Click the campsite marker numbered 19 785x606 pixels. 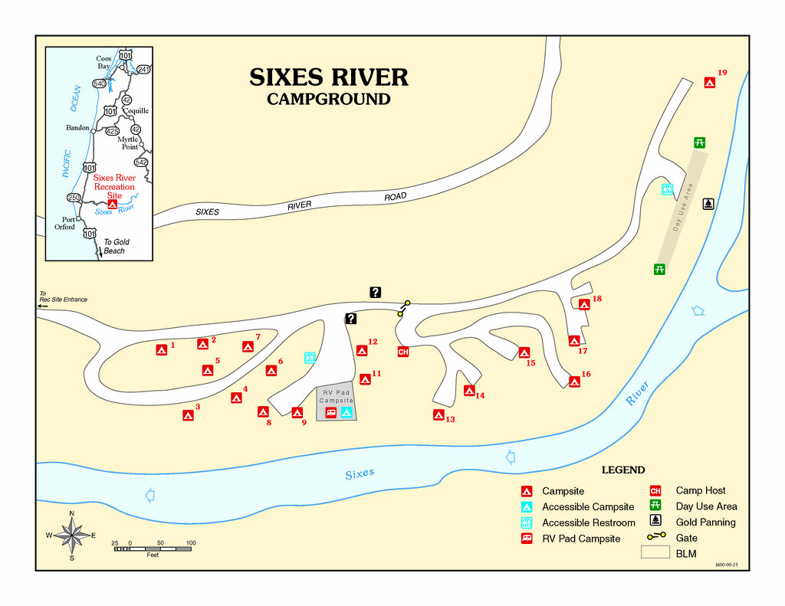(x=710, y=83)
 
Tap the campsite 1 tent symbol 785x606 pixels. (x=162, y=350)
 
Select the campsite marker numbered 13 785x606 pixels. (x=438, y=415)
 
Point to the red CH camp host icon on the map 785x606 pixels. (x=403, y=352)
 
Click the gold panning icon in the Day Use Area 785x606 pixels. (x=709, y=204)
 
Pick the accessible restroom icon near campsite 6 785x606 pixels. (x=310, y=358)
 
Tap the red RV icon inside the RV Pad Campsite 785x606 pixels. (x=331, y=412)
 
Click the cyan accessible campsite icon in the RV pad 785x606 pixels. (x=347, y=412)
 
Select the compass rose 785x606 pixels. (x=71, y=536)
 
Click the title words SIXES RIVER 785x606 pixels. (x=329, y=77)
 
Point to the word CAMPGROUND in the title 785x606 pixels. (x=329, y=99)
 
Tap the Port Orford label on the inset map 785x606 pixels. (x=64, y=223)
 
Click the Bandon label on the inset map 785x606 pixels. (x=77, y=128)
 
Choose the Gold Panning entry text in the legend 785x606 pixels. (x=705, y=522)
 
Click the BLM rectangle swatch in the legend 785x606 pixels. (x=655, y=553)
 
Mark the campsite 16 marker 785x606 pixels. (x=574, y=382)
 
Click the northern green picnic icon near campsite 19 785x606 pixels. (x=700, y=142)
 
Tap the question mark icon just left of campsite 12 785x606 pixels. (x=351, y=319)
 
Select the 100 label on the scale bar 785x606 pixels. (x=191, y=543)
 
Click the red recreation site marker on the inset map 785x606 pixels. (x=113, y=204)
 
